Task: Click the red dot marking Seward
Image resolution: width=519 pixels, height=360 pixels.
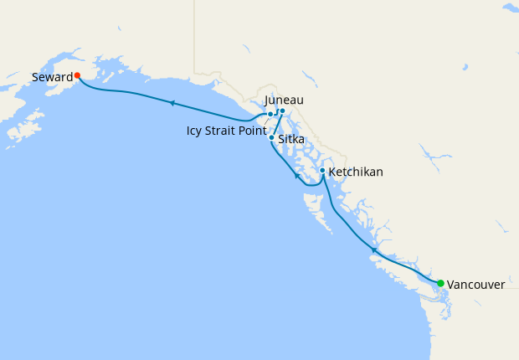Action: coord(77,75)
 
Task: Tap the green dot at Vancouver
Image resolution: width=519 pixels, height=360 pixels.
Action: coord(440,283)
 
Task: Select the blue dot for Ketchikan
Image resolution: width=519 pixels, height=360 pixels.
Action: coord(322,171)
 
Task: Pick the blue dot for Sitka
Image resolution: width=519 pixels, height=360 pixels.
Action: coord(272,136)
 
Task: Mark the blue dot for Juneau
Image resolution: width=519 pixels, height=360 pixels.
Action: coord(282,111)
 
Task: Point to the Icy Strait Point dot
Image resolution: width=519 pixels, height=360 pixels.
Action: coord(270,114)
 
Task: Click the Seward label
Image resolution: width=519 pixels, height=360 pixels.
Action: coord(51,77)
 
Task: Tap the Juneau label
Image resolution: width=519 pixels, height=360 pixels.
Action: coord(283,100)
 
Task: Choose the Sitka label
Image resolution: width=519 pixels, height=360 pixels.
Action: coord(291,140)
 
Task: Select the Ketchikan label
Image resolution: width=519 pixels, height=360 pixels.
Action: coord(356,172)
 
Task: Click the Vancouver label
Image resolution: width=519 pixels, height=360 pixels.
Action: coord(475,285)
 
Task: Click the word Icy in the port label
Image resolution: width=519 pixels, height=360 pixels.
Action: coord(196,131)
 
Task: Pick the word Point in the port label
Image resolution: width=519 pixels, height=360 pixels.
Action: coord(253,131)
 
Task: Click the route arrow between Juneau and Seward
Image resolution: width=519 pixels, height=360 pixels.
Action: coord(171,103)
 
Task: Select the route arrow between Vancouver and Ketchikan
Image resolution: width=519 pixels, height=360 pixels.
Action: coord(374,249)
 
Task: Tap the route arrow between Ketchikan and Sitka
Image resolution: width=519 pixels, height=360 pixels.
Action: coord(296,176)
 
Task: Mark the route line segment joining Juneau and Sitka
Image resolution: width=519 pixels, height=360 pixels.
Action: coord(278,123)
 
